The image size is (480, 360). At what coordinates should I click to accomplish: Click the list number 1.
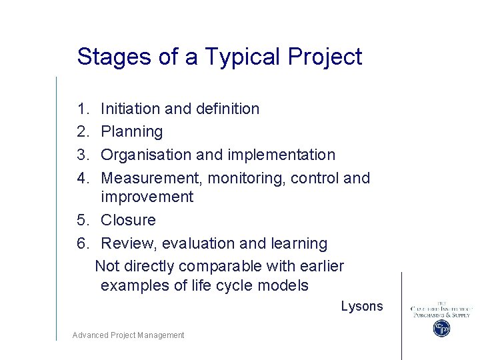81,109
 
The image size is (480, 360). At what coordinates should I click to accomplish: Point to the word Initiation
131,109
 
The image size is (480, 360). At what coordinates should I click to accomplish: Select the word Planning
131,132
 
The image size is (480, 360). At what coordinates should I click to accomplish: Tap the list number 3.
82,155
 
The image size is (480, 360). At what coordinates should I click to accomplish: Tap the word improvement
147,197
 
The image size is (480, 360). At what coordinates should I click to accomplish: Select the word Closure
128,220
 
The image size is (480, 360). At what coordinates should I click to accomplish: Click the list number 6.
82,243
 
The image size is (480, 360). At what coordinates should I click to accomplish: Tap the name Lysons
362,306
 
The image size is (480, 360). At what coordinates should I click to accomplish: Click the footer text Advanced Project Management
128,335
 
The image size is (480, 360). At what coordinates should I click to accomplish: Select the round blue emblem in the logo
441,328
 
